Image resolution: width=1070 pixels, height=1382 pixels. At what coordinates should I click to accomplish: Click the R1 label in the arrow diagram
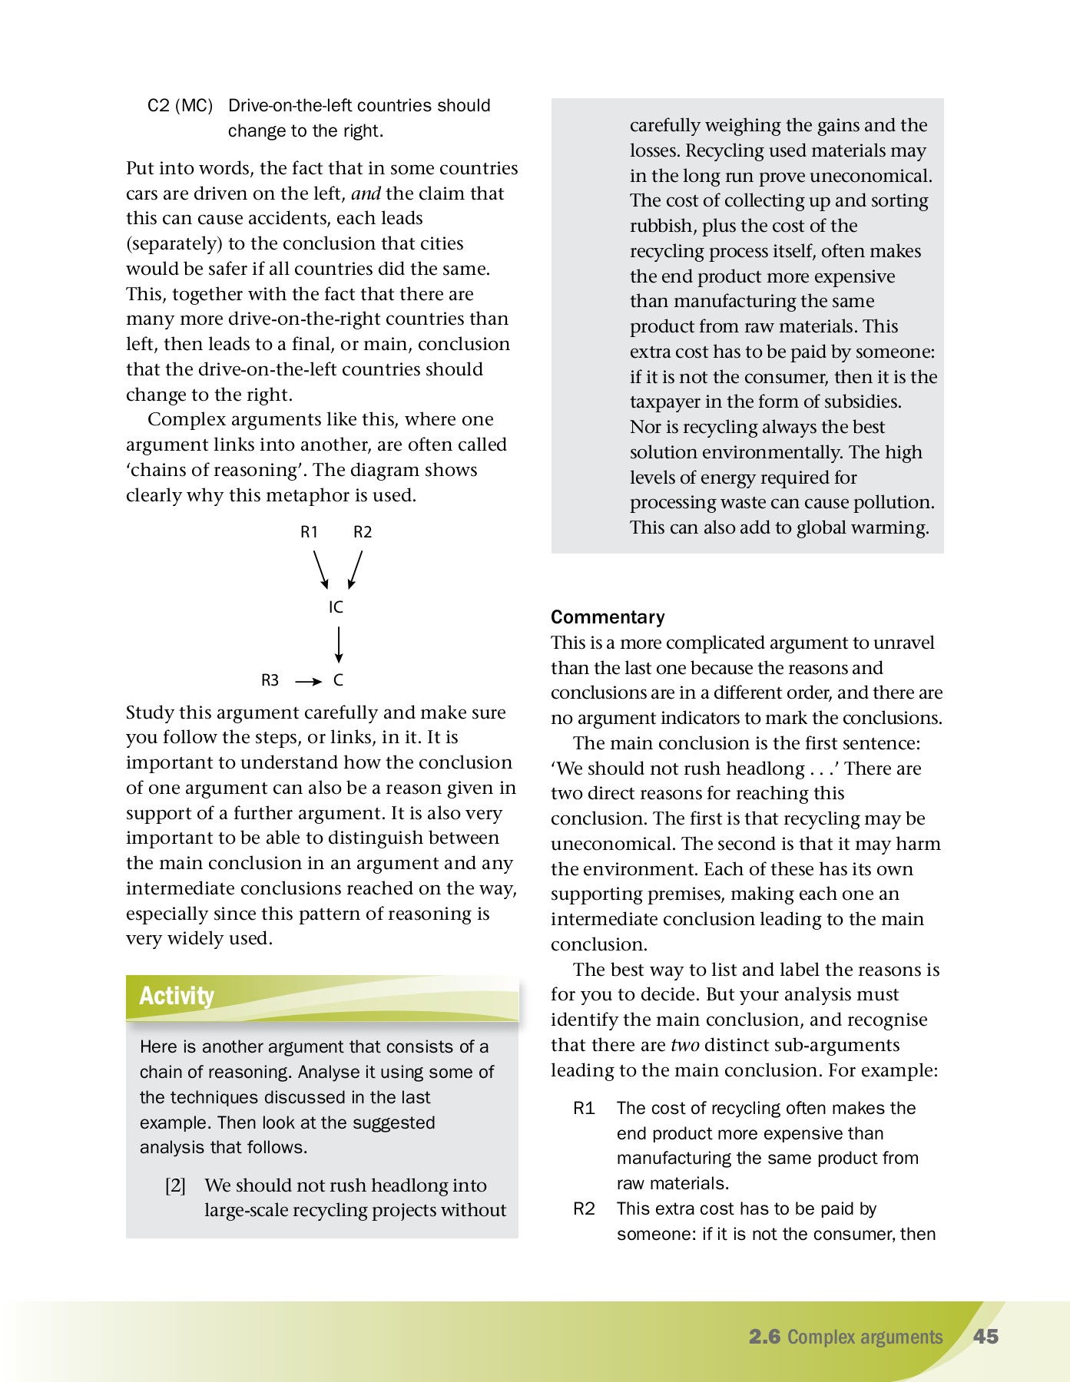point(309,532)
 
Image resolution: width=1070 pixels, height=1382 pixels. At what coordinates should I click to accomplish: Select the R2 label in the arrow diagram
point(363,532)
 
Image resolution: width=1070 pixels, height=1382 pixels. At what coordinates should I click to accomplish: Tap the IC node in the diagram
point(336,607)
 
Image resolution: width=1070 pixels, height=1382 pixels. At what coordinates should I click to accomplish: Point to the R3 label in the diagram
point(270,680)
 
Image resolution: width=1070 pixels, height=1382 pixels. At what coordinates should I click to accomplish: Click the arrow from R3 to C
point(309,682)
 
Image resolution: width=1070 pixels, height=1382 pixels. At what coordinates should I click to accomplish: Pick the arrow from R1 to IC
point(321,570)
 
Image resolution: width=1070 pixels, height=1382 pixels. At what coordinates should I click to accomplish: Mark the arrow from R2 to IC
point(355,570)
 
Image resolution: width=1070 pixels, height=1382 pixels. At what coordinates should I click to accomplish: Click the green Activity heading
point(177,996)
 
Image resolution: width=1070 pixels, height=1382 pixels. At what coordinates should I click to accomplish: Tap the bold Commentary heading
point(608,617)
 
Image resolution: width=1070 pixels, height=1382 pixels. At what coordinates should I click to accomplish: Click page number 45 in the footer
point(986,1337)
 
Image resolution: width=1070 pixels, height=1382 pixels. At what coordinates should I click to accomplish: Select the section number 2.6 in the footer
point(764,1337)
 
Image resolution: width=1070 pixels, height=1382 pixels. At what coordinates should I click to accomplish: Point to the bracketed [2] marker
point(175,1185)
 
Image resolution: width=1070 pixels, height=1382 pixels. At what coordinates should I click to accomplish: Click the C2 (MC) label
point(180,106)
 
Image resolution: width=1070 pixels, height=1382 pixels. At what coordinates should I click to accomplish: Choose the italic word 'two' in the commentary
point(684,1045)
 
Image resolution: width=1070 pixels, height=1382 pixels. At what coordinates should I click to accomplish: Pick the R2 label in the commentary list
point(584,1209)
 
